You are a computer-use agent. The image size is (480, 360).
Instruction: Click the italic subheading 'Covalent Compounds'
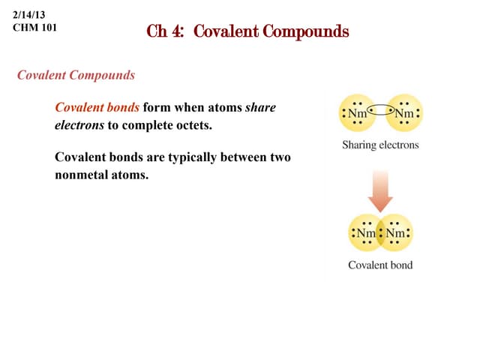(x=76, y=76)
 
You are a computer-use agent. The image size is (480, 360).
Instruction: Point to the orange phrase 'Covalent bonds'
(x=97, y=107)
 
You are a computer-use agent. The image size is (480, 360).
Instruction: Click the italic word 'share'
(x=260, y=107)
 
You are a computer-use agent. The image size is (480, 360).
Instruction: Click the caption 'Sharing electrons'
(x=380, y=145)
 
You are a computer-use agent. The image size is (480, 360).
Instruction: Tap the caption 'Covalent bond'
(x=380, y=265)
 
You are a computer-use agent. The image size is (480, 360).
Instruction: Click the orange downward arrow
(x=380, y=190)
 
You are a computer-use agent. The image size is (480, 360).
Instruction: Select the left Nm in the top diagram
(x=358, y=115)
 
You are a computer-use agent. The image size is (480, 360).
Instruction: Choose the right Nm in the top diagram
(x=403, y=115)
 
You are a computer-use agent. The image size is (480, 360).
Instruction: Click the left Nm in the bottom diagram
(x=365, y=233)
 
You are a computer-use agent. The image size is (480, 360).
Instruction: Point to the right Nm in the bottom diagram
(x=396, y=233)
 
